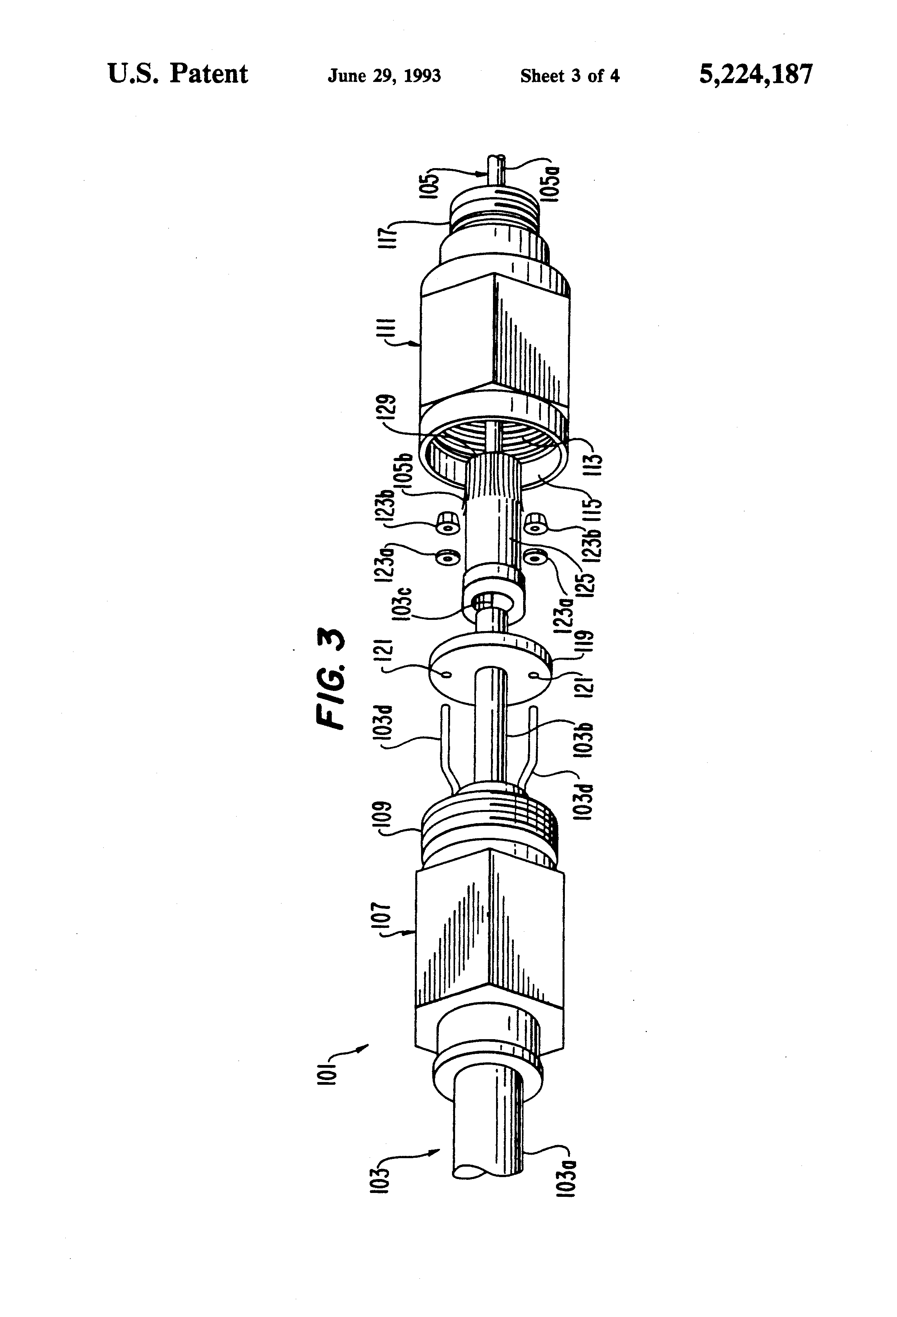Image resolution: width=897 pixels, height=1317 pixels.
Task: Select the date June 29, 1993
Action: click(384, 76)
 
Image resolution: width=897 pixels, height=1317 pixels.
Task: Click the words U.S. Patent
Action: click(177, 74)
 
